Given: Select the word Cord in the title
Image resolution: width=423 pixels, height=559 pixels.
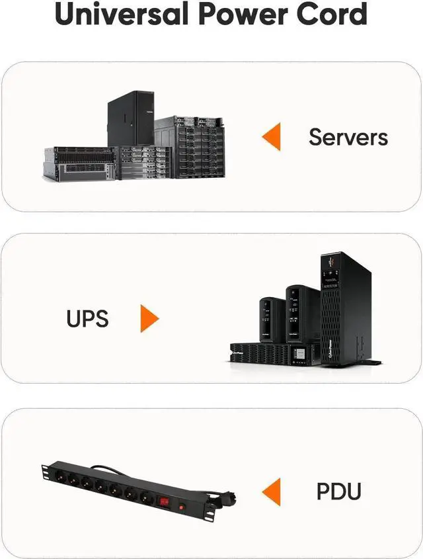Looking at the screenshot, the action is pyautogui.click(x=336, y=15).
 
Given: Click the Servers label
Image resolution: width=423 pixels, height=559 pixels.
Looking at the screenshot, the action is pyautogui.click(x=348, y=137).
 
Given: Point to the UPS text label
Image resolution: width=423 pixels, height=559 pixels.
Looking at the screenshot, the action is pyautogui.click(x=87, y=319).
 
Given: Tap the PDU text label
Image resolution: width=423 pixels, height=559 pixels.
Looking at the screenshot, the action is pyautogui.click(x=338, y=492).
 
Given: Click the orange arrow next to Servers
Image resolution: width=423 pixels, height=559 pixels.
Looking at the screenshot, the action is pyautogui.click(x=271, y=137).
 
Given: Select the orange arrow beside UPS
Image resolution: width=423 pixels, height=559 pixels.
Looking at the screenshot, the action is pyautogui.click(x=149, y=319).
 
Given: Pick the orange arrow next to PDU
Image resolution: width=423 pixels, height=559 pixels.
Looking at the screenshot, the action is pyautogui.click(x=271, y=492).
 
